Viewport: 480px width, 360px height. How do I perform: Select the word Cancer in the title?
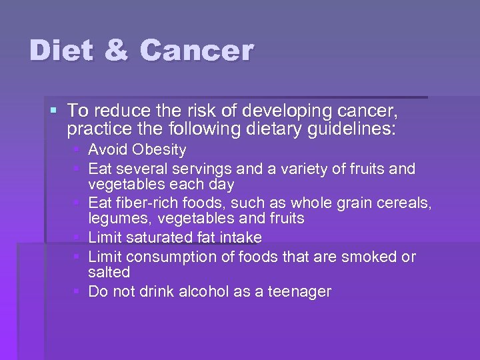click(197, 51)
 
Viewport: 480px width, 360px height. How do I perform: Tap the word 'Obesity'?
click(161, 150)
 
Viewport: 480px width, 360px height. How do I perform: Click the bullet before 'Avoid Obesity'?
click(79, 150)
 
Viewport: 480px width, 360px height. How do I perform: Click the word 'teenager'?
click(299, 292)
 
